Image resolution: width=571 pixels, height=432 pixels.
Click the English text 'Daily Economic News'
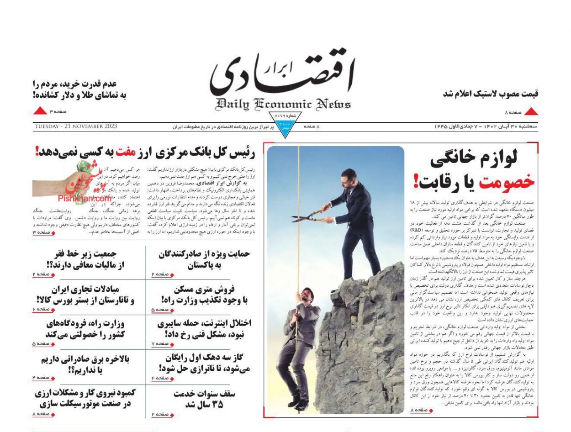coord(284,104)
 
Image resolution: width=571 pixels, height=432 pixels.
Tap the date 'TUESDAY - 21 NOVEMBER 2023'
coord(75,126)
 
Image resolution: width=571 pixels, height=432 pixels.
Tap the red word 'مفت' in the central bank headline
coord(123,152)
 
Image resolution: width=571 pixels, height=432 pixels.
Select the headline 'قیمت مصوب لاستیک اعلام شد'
coord(491,94)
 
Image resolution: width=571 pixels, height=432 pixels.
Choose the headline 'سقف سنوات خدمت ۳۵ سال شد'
coord(204,399)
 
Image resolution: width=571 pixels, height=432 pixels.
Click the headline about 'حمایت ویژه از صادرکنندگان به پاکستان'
coord(204,259)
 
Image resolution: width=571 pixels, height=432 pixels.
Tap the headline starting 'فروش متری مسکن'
coord(204,295)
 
